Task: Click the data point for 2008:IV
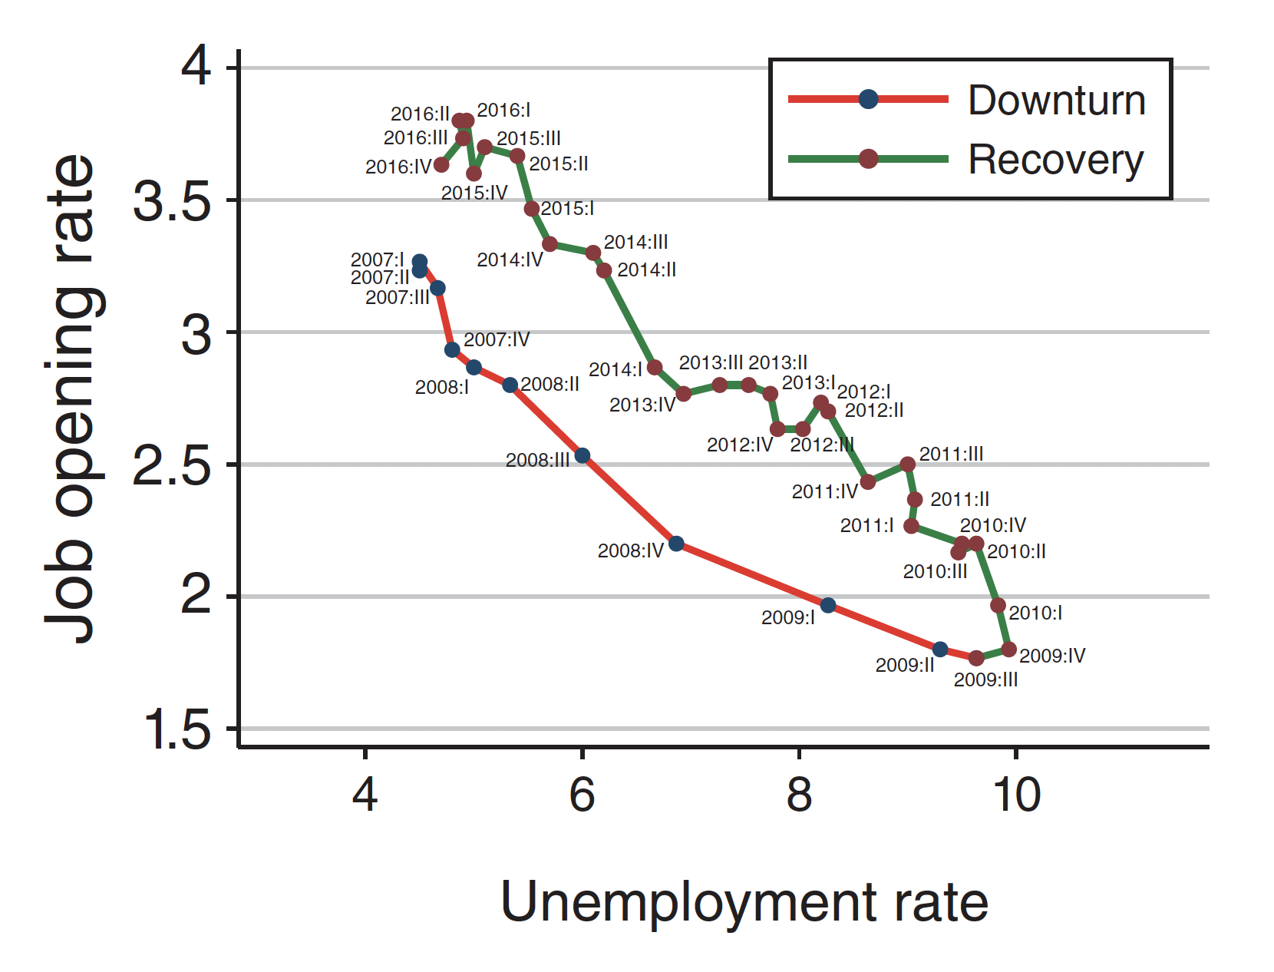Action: tap(676, 544)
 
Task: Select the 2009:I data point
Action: tap(828, 605)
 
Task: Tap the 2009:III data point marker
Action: tap(976, 658)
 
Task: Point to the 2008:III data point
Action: tap(583, 456)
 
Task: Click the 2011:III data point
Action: tap(908, 465)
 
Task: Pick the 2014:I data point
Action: tap(655, 368)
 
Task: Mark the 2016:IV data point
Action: tap(441, 165)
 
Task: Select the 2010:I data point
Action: tap(998, 606)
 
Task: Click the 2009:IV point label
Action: tap(1052, 656)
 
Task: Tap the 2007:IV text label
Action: tap(497, 339)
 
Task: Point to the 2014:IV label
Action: tap(510, 260)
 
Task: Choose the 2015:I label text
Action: tap(567, 209)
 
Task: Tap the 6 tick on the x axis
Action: tap(583, 795)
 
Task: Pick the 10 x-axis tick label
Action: tap(1016, 795)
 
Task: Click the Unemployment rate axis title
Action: tap(744, 902)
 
